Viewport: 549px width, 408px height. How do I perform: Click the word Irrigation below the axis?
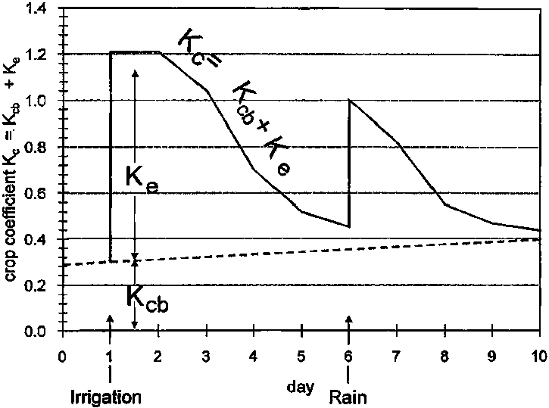click(105, 396)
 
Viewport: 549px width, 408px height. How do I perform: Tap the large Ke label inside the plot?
click(142, 182)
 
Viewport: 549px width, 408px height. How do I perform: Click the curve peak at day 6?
click(349, 100)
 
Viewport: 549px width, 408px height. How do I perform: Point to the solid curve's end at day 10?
click(540, 230)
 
